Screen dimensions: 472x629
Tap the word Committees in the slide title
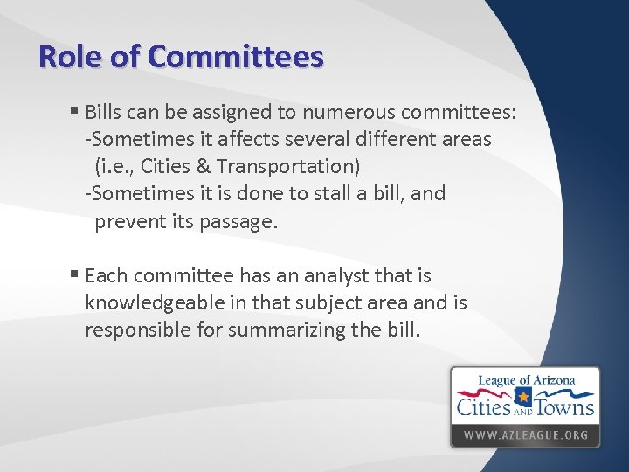236,57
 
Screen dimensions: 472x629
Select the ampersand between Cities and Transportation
204,166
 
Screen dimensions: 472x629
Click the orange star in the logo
523,399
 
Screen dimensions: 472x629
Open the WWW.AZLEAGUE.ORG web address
525,434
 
